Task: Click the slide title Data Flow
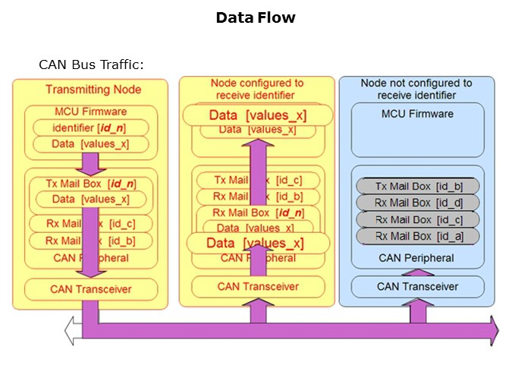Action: click(256, 17)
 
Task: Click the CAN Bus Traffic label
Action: click(91, 65)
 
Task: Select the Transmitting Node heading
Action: click(93, 90)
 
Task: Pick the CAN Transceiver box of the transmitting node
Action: click(91, 288)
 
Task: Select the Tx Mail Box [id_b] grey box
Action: click(416, 187)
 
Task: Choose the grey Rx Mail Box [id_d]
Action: click(416, 203)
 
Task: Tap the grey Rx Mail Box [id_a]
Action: click(416, 236)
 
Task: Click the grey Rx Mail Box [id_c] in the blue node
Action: click(416, 219)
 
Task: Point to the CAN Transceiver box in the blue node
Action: click(417, 287)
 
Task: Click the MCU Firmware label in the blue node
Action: click(417, 114)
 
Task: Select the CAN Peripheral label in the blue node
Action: click(417, 258)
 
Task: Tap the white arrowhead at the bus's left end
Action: click(71, 331)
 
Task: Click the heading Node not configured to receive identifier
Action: click(416, 89)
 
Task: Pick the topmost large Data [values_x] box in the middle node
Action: click(258, 115)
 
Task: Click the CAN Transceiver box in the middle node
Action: click(258, 286)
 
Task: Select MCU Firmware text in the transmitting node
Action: click(91, 112)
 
